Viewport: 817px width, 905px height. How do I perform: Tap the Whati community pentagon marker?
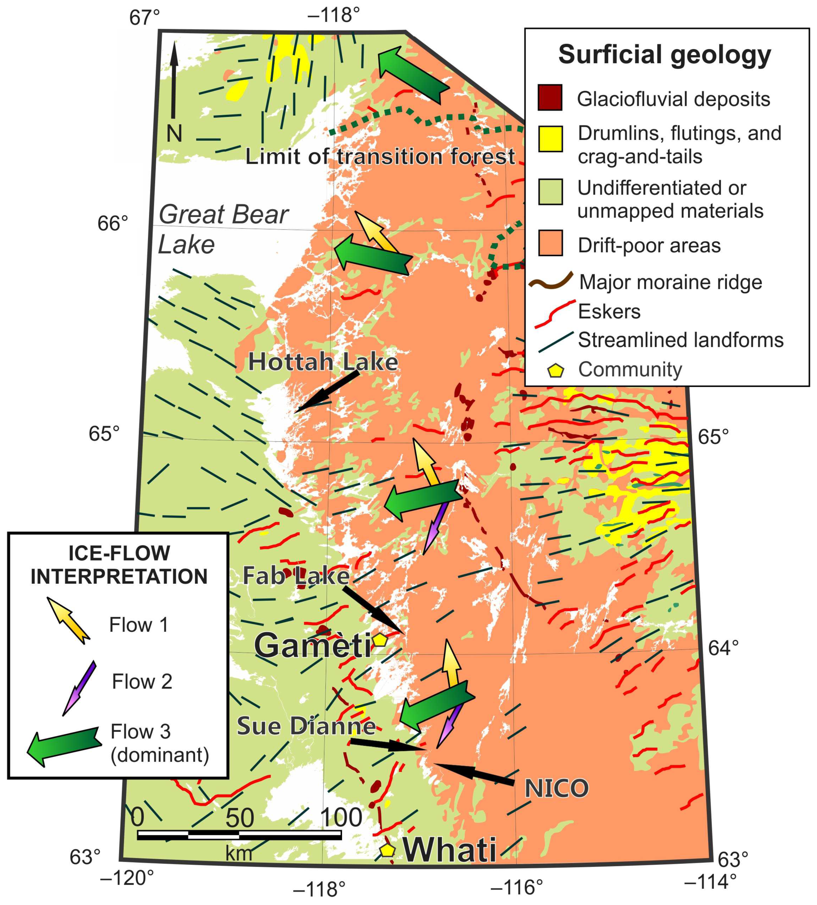(x=387, y=850)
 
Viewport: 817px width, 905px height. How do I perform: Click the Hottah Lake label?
(x=323, y=362)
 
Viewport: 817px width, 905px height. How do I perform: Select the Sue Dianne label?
(x=306, y=726)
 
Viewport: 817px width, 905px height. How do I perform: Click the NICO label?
(x=556, y=788)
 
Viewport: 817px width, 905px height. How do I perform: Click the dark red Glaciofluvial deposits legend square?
(x=550, y=97)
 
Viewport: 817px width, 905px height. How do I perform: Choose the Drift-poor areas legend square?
(x=550, y=243)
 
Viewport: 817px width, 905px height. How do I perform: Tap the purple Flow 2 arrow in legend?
(x=79, y=687)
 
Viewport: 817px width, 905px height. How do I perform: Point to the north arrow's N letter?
(x=174, y=133)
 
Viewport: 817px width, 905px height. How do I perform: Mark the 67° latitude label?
(x=144, y=18)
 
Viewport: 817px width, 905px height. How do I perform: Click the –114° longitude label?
(x=710, y=882)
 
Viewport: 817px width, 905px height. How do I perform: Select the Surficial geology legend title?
(x=664, y=55)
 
